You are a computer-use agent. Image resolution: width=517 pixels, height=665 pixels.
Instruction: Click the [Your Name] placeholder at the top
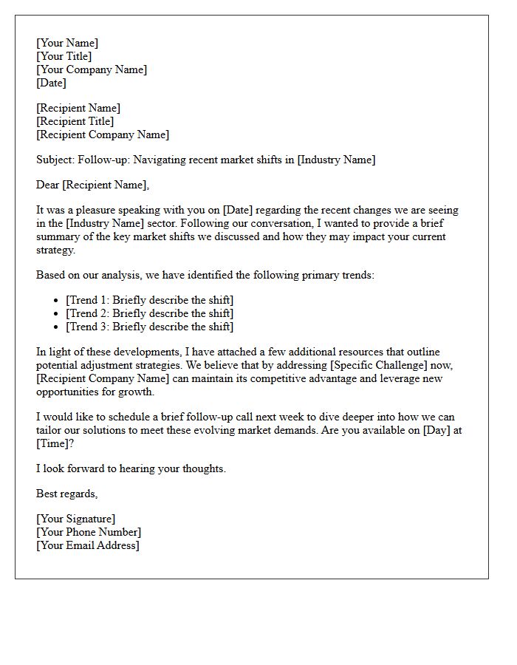point(67,43)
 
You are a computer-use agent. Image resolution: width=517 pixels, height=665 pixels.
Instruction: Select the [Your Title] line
point(64,56)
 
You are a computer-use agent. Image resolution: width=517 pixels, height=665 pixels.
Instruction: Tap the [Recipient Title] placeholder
point(75,121)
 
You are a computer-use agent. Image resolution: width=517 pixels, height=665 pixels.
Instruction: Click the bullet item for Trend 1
point(149,300)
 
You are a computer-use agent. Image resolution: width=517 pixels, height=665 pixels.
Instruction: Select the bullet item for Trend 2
point(149,313)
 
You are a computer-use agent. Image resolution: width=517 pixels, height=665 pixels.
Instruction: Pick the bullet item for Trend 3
point(149,327)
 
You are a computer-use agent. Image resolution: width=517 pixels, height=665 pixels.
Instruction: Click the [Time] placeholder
point(55,443)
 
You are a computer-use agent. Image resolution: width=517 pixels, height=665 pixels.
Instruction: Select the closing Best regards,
point(67,494)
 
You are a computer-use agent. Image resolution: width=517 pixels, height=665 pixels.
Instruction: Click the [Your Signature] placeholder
point(76,519)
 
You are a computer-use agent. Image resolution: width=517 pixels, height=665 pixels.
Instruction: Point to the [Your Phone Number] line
point(89,532)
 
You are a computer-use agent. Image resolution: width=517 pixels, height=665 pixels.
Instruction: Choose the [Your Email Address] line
point(88,545)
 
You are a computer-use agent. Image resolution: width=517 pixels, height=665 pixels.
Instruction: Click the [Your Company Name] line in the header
point(92,69)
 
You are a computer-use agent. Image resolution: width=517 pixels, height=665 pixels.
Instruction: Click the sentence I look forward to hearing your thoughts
point(131,468)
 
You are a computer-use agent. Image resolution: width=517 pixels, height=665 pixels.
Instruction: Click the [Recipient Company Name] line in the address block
point(103,134)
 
